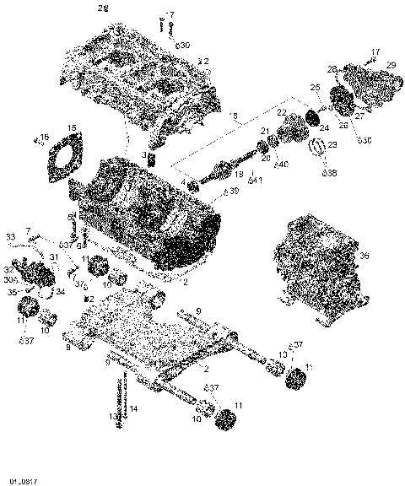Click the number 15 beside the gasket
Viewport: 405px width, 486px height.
[x=72, y=127]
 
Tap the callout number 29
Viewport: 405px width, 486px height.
[x=391, y=65]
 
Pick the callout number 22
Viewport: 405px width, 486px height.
[x=282, y=112]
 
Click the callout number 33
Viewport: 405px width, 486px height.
[x=11, y=235]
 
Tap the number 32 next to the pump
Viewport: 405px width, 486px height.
[x=9, y=268]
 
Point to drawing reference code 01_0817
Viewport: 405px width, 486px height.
[x=23, y=480]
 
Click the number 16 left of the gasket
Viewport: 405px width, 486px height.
[x=45, y=137]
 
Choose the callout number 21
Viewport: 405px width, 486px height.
[x=264, y=131]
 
